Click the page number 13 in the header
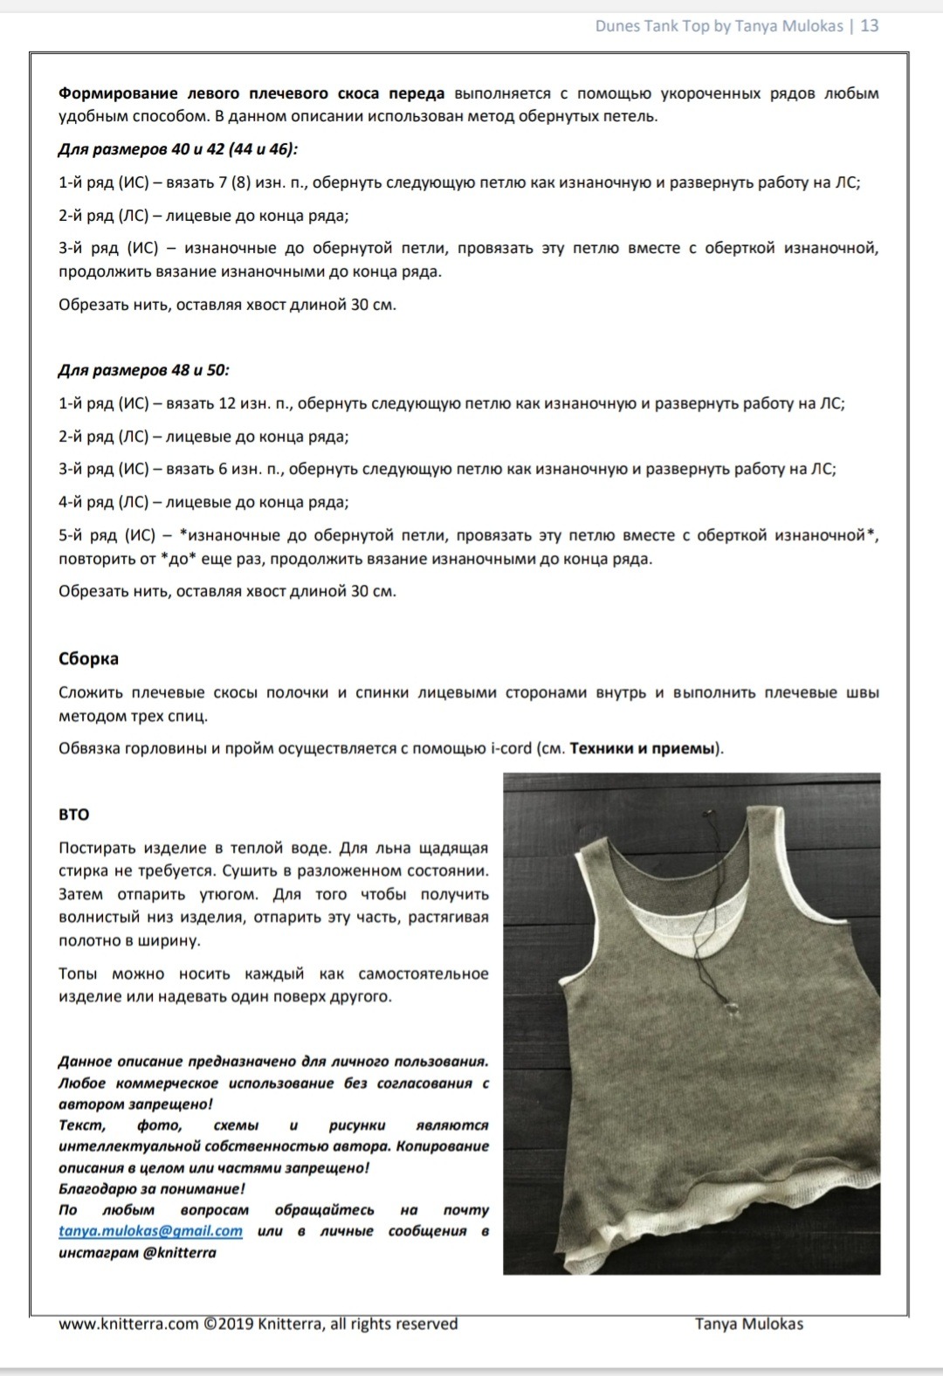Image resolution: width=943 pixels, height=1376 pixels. [x=870, y=25]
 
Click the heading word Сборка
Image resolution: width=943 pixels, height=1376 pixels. [x=88, y=659]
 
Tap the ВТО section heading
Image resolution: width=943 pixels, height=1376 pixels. [x=74, y=815]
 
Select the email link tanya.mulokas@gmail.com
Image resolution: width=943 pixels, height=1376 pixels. [x=150, y=1231]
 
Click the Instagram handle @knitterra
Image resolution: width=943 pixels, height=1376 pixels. [x=179, y=1253]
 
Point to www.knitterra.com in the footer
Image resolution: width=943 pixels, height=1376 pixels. [x=128, y=1324]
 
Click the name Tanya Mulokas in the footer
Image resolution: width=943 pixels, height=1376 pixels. [x=748, y=1324]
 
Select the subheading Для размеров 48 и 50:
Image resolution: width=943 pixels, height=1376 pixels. [x=144, y=370]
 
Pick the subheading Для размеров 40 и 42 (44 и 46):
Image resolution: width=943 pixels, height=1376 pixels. [x=178, y=149]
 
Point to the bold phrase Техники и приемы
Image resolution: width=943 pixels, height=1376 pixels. [x=644, y=748]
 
